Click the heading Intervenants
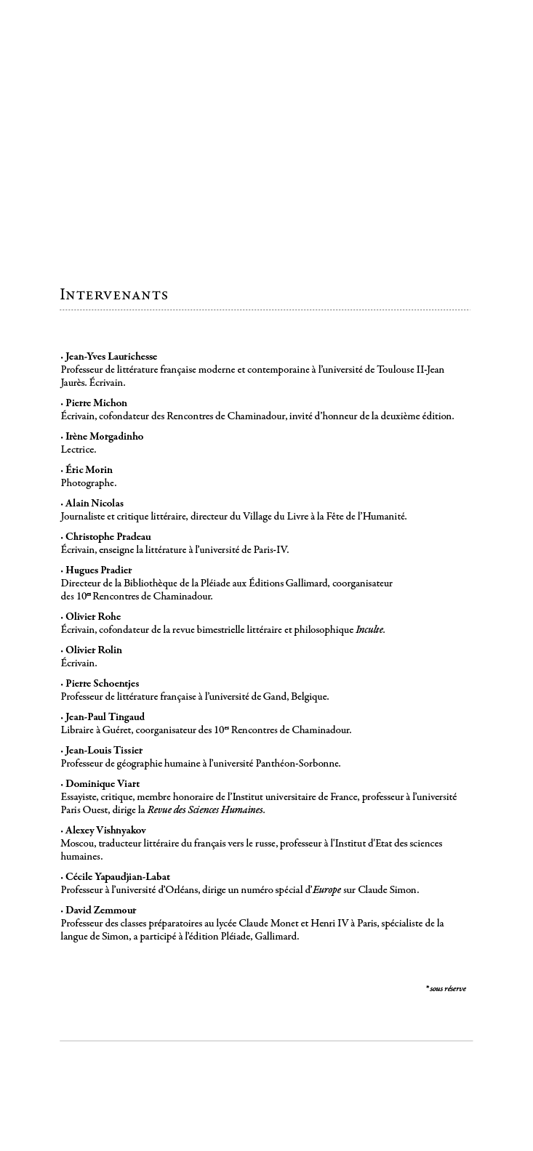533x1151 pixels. click(x=114, y=295)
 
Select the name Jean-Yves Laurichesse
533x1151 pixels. click(x=111, y=357)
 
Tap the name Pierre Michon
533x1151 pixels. click(x=96, y=403)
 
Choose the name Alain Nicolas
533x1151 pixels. click(x=95, y=504)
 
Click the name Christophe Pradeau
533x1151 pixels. click(x=108, y=537)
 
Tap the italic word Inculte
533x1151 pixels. click(x=369, y=630)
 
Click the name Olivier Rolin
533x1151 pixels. click(x=94, y=650)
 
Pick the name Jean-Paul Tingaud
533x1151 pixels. click(x=105, y=717)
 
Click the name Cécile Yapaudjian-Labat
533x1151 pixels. click(x=117, y=877)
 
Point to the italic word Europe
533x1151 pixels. click(x=326, y=890)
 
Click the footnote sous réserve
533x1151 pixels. click(x=447, y=989)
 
